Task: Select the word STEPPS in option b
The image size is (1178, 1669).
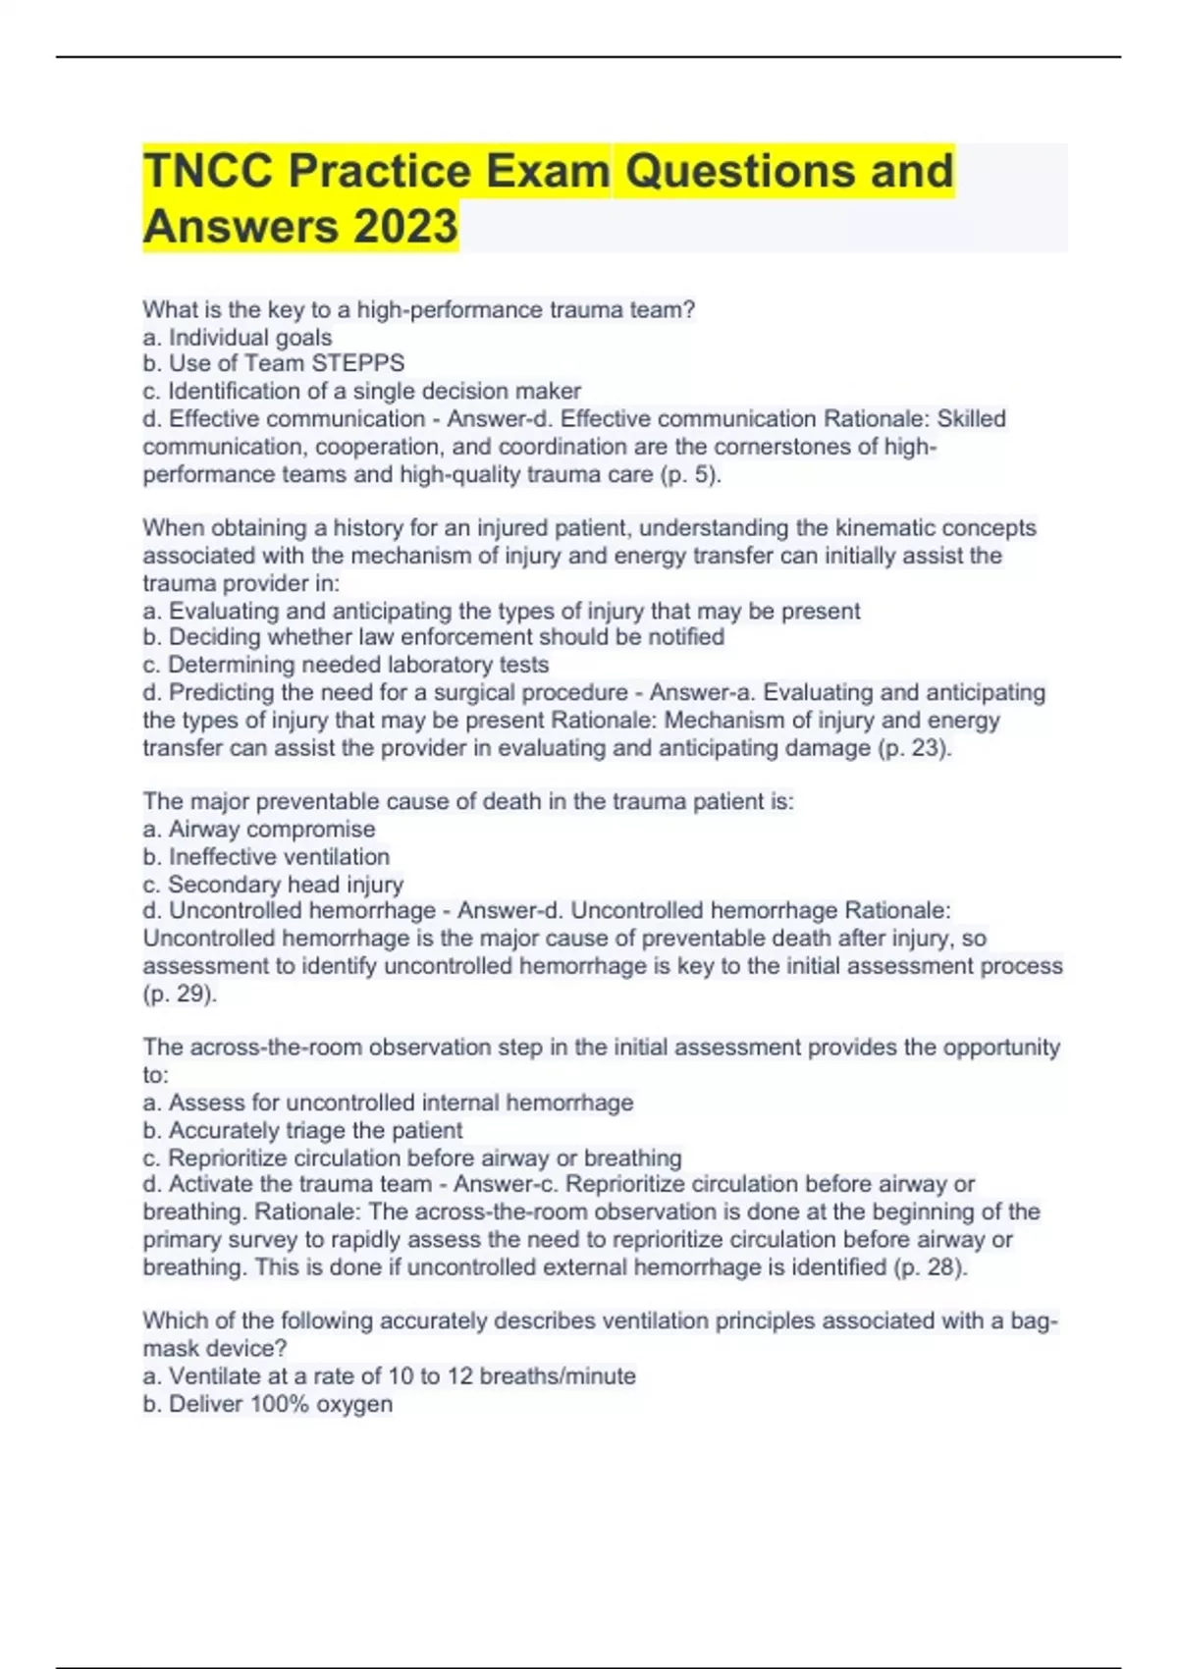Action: point(357,363)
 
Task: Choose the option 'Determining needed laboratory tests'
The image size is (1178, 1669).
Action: point(346,665)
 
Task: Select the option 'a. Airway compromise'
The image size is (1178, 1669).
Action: point(259,830)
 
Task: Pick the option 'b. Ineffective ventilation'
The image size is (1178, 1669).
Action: point(266,857)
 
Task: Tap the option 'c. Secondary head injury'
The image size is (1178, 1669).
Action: point(273,885)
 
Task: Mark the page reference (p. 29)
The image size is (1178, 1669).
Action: point(180,994)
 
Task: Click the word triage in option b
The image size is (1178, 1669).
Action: point(316,1131)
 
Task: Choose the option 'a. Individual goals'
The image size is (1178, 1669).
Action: point(238,338)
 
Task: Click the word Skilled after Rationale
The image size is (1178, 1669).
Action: point(971,419)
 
